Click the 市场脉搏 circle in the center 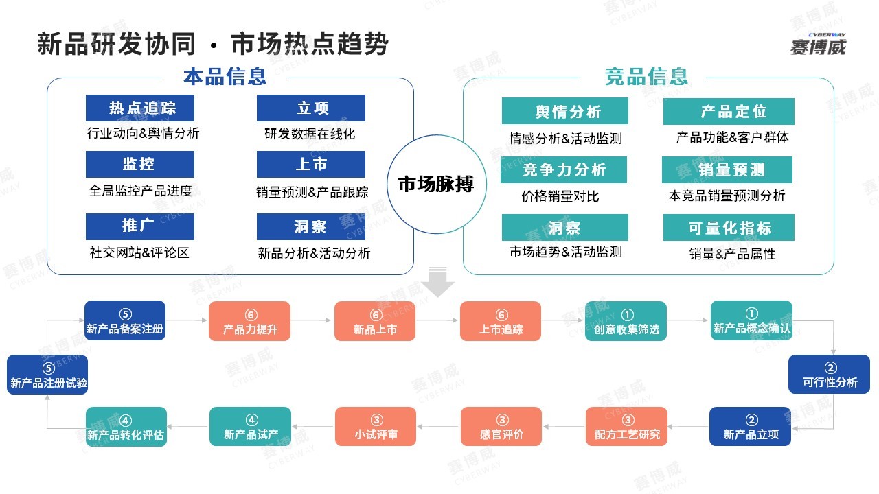(x=436, y=185)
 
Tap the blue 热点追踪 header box (x=140, y=108)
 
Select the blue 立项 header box (x=311, y=108)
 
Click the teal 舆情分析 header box (x=565, y=111)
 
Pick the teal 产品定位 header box (x=729, y=111)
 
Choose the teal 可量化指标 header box (x=729, y=227)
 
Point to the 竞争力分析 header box (x=564, y=169)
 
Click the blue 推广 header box (x=140, y=226)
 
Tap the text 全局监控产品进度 (x=141, y=191)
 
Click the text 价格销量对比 (x=560, y=196)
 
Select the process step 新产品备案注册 (x=125, y=320)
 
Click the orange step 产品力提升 (x=249, y=320)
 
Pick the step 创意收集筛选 (x=626, y=320)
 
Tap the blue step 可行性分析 (x=829, y=375)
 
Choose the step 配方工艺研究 (x=627, y=426)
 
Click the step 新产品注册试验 (x=47, y=375)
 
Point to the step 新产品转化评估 (x=126, y=427)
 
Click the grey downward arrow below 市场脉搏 (x=437, y=282)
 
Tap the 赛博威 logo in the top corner (x=819, y=44)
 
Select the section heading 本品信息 (x=225, y=76)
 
